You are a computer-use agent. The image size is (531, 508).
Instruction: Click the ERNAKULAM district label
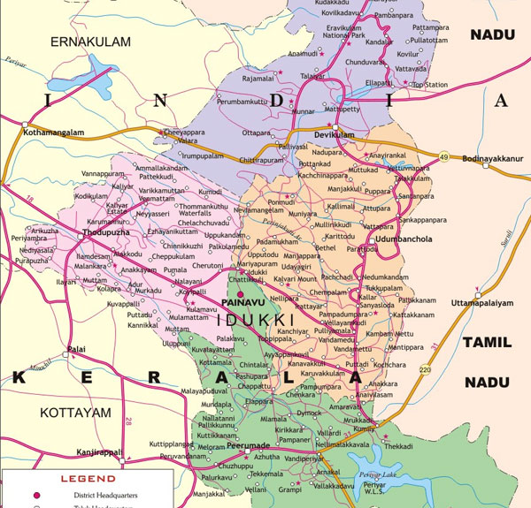tap(89, 42)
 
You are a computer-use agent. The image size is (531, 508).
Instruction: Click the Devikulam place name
tap(334, 134)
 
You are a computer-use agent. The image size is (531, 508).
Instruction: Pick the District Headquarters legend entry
tap(98, 497)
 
